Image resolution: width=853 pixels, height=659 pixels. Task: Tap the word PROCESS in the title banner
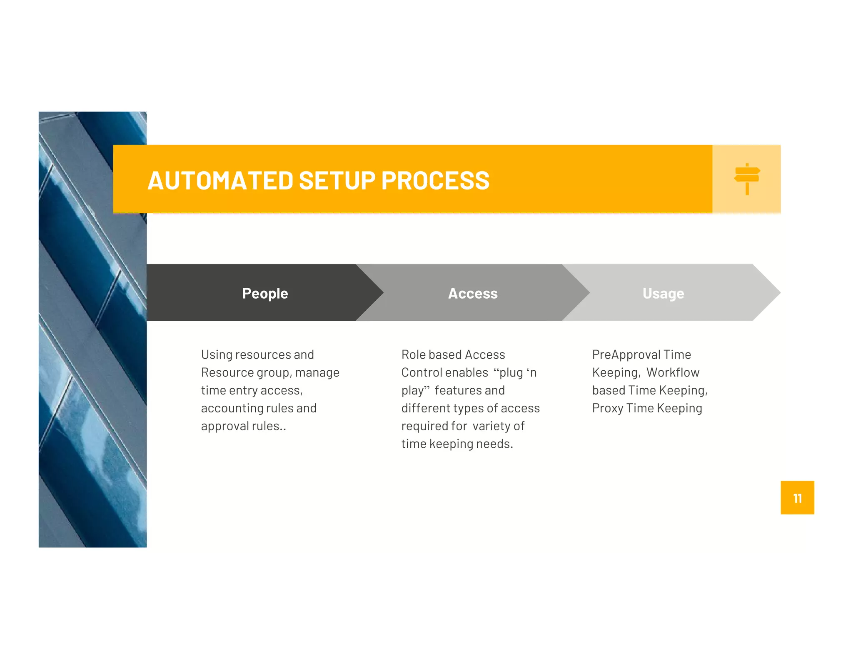pyautogui.click(x=435, y=181)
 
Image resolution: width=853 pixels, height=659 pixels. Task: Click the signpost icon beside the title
pyautogui.click(x=747, y=179)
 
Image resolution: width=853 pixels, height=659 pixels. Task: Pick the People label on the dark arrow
pyautogui.click(x=265, y=293)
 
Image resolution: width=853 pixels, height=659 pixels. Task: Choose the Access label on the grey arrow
pyautogui.click(x=473, y=293)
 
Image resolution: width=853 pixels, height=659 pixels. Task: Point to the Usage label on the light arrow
pyautogui.click(x=663, y=293)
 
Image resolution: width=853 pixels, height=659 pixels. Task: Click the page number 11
pyautogui.click(x=797, y=498)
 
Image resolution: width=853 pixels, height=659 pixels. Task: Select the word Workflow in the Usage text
pyautogui.click(x=673, y=372)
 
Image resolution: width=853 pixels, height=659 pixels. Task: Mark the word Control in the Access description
pyautogui.click(x=424, y=372)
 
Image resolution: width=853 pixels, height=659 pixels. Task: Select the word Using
pyautogui.click(x=217, y=354)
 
